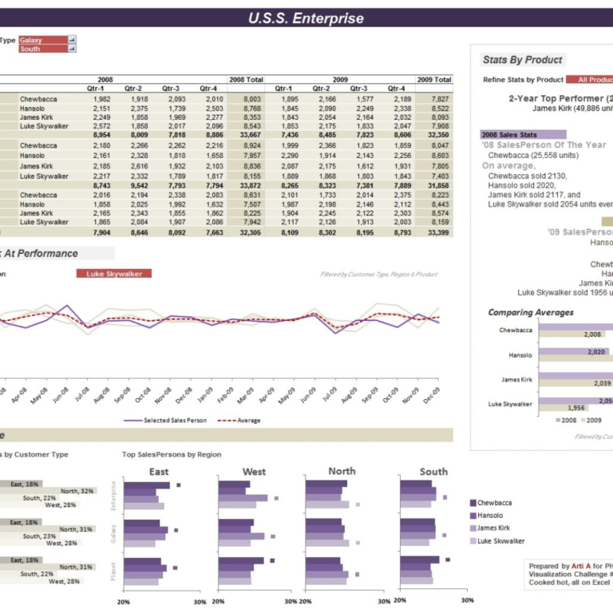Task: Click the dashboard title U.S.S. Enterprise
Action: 306,18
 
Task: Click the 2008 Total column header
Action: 246,80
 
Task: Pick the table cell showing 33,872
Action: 246,185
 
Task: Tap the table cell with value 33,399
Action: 437,232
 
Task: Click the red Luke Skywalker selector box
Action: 113,274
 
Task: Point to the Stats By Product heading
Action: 522,60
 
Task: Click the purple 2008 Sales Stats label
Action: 523,134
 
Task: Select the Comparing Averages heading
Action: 531,312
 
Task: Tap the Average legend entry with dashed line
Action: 243,420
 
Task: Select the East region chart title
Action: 158,472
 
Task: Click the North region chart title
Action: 342,471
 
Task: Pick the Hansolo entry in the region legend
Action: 490,516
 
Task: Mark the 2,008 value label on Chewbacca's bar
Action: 591,334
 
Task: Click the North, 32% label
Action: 77,491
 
